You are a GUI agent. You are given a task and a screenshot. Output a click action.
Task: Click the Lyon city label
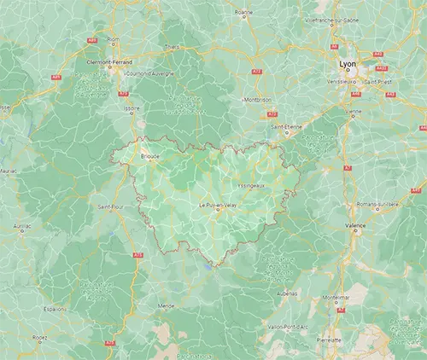pos(346,64)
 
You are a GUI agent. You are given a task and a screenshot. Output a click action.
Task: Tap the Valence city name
pos(354,226)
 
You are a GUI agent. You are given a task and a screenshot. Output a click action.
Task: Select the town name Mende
pos(167,305)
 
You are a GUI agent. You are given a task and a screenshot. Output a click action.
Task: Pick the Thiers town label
pos(173,47)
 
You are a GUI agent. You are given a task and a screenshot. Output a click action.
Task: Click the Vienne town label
pos(354,111)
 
